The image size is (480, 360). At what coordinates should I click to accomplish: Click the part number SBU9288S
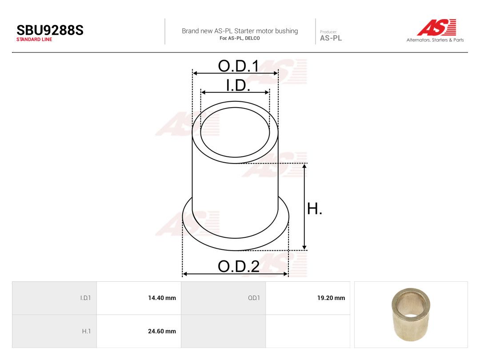point(50,30)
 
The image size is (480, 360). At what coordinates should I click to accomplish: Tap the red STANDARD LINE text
point(34,40)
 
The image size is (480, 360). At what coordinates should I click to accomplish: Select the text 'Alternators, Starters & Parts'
point(435,40)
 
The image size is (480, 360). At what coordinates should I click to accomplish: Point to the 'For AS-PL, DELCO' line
point(240,38)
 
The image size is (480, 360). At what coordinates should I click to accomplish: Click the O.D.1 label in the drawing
point(239,66)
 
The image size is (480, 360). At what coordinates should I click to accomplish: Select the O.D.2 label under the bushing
point(239,266)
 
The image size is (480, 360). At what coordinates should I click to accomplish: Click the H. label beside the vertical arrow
point(314,209)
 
